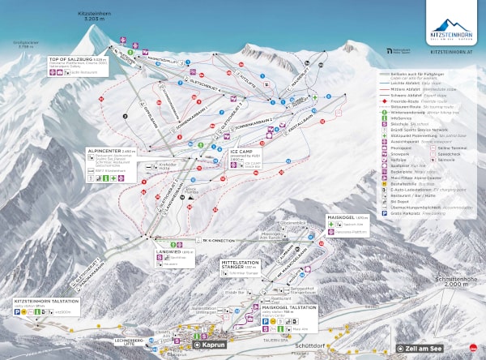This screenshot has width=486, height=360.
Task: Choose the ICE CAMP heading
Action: point(242,152)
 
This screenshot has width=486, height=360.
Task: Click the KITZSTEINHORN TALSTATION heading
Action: point(46,300)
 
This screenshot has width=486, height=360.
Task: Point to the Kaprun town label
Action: point(213,345)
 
